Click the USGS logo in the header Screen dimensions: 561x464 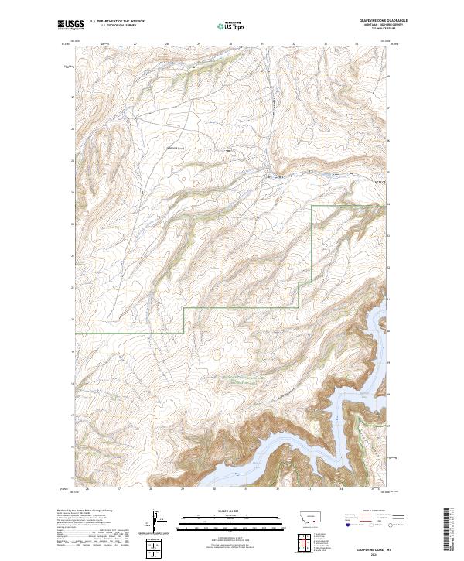tap(70, 26)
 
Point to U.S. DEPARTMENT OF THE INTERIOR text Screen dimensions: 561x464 tap(117, 22)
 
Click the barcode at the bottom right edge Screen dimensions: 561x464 tap(452, 531)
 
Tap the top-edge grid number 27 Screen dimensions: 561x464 tap(135, 43)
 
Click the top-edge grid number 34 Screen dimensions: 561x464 tap(357, 43)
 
